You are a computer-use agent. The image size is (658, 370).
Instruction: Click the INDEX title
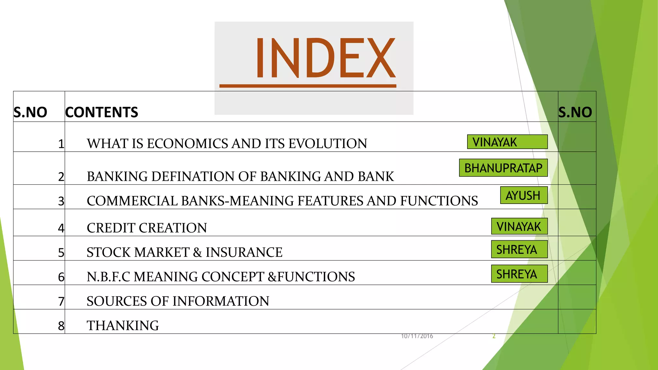pos(325,58)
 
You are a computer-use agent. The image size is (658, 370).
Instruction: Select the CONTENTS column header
pos(102,112)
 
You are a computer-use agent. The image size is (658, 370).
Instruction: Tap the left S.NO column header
pos(30,112)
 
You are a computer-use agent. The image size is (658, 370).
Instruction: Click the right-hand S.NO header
pos(575,112)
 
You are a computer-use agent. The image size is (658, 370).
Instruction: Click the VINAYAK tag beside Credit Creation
pos(519,226)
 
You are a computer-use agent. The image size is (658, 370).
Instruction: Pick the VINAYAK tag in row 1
pos(507,142)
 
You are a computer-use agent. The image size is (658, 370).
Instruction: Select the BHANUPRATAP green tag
pos(503,168)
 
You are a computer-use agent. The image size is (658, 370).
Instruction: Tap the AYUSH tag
pos(523,195)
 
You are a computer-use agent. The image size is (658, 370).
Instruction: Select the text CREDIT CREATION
pos(147,228)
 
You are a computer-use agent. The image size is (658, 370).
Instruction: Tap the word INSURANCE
pos(244,252)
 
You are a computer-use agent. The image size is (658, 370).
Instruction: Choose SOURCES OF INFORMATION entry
pos(178,301)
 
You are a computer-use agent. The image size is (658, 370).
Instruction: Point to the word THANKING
pos(123,326)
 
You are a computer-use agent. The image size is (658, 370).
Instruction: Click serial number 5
pos(61,253)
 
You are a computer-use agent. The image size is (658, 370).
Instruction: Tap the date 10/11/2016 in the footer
pos(417,336)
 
